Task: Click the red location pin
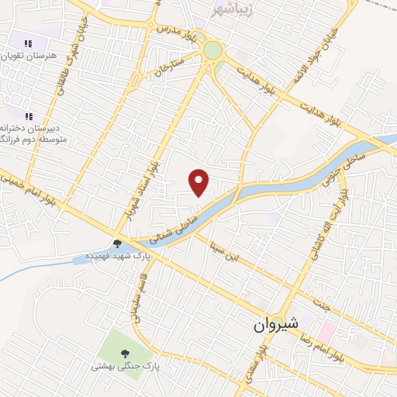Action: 199,182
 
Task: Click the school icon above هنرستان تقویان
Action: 29,44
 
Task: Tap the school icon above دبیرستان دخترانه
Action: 29,117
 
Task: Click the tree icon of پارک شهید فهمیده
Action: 117,243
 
